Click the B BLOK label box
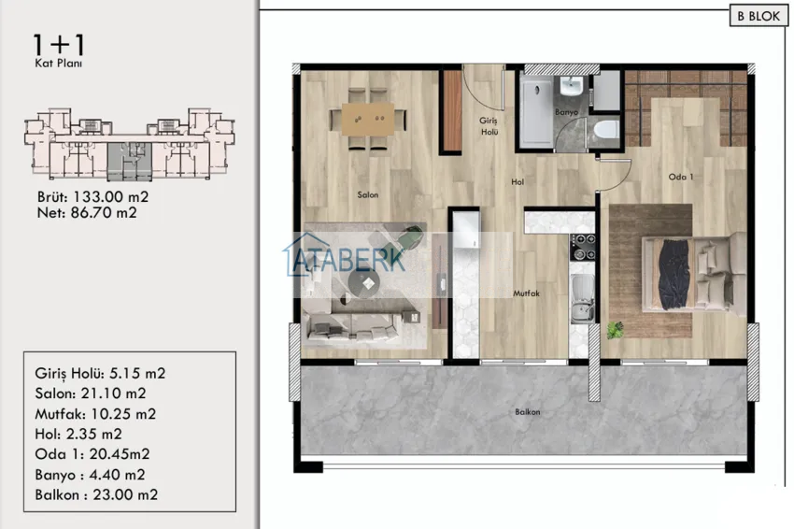pos(759,16)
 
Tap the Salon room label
pos(368,194)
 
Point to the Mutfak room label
pos(526,293)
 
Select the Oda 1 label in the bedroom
pos(681,177)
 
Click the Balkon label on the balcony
pos(528,412)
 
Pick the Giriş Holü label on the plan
pos(489,126)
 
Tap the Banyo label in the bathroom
pos(566,112)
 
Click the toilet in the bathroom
pos(606,130)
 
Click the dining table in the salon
pos(368,119)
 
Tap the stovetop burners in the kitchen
pos(583,247)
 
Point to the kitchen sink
pos(583,299)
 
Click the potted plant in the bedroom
pos(616,330)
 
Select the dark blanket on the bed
pos(674,274)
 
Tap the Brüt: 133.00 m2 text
pos(92,196)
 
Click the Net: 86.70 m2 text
pos(87,213)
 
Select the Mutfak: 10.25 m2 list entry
pos(95,414)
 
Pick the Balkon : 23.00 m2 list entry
pos(96,494)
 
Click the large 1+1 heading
pos(59,45)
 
